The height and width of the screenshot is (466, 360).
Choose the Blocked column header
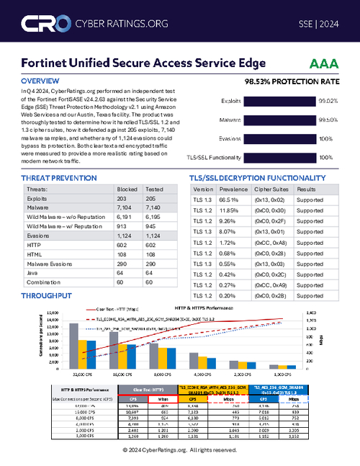(127, 188)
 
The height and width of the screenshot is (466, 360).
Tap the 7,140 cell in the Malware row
(155, 205)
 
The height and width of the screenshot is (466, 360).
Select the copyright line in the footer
(180, 449)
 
